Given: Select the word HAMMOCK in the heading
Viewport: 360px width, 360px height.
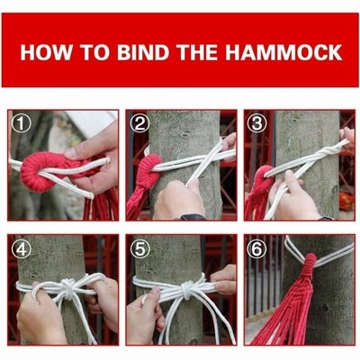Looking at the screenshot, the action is tap(283, 52).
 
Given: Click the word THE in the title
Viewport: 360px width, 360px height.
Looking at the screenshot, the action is tap(197, 52).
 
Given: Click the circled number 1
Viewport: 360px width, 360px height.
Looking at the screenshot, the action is tap(21, 123).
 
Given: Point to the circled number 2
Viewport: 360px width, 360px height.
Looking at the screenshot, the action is tap(139, 123).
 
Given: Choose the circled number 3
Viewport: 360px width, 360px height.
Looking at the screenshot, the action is tap(256, 123).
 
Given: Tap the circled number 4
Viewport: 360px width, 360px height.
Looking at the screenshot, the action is tap(21, 248).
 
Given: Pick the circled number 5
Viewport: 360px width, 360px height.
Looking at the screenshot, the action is tap(139, 248).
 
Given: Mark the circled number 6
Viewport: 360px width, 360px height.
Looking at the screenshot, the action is tap(256, 248).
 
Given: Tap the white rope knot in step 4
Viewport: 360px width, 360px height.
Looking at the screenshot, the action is tap(68, 289).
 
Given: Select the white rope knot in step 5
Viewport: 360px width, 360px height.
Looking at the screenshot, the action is tap(187, 289).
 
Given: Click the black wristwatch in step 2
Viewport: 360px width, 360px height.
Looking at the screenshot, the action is tap(193, 217).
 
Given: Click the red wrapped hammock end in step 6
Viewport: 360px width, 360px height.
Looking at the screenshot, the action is tap(308, 268).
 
